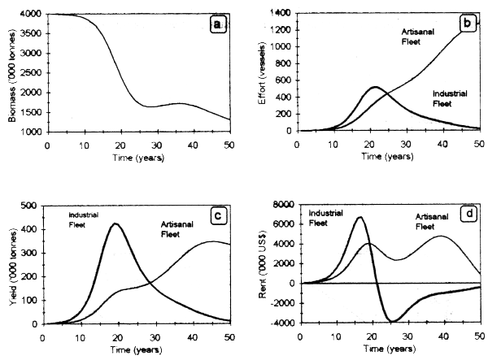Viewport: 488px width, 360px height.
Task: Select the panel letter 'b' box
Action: tap(466, 24)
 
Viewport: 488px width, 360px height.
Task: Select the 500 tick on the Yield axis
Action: tap(30, 205)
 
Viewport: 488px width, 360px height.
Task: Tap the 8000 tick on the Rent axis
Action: tap(285, 205)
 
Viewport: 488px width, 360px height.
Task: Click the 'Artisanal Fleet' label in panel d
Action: tap(416, 221)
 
